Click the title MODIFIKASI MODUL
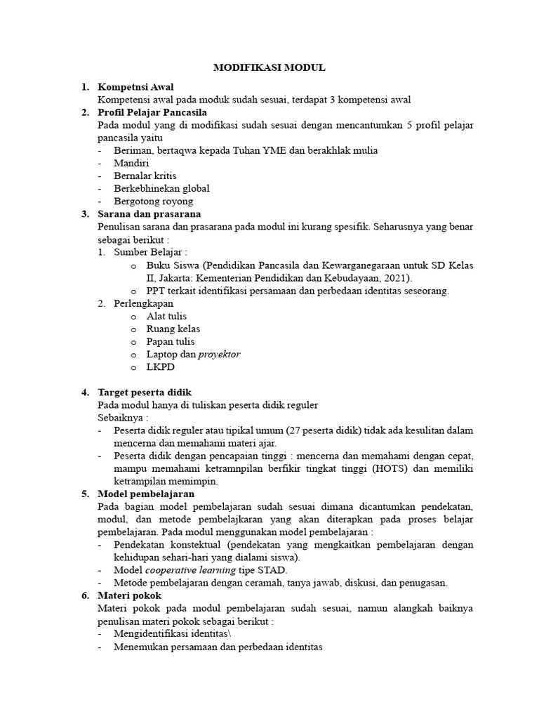click(x=269, y=68)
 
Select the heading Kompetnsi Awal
click(x=135, y=87)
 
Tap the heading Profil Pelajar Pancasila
click(x=152, y=112)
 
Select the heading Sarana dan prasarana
click(x=149, y=213)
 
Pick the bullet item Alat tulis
click(x=166, y=316)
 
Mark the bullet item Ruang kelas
click(x=173, y=329)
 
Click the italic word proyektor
click(x=219, y=354)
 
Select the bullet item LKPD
click(x=161, y=367)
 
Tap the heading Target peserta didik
click(x=145, y=392)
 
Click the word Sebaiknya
click(x=123, y=417)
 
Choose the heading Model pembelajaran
click(x=146, y=494)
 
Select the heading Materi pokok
click(x=130, y=595)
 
